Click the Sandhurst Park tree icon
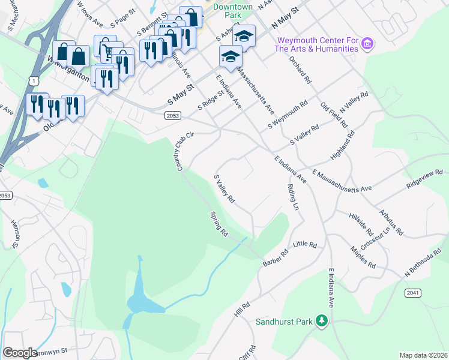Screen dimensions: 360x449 pyautogui.click(x=322, y=322)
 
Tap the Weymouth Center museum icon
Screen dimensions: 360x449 pyautogui.click(x=369, y=44)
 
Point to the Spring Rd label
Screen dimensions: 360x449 pyautogui.click(x=219, y=223)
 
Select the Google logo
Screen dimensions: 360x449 pyautogui.click(x=20, y=353)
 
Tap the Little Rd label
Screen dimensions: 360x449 pyautogui.click(x=304, y=245)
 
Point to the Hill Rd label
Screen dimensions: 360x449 pyautogui.click(x=242, y=310)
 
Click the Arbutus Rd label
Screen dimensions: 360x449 pyautogui.click(x=391, y=222)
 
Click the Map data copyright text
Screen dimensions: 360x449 pyautogui.click(x=423, y=355)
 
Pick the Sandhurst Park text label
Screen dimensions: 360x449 pyautogui.click(x=285, y=322)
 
